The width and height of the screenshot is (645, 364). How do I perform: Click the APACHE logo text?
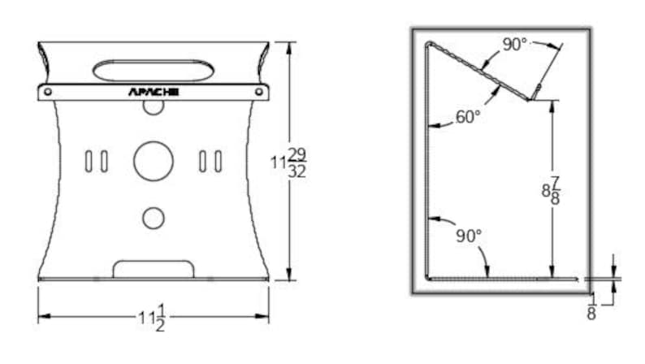click(154, 92)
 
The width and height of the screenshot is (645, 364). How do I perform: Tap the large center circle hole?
click(154, 161)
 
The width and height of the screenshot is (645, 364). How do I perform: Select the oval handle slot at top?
click(154, 71)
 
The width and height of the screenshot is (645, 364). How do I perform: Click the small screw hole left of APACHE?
click(48, 92)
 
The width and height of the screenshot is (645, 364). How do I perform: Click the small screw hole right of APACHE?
click(259, 92)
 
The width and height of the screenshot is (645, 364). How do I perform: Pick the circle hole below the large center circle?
click(154, 218)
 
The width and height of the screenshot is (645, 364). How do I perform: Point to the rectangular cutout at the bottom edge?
click(154, 270)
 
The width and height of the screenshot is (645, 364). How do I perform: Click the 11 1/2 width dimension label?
click(152, 318)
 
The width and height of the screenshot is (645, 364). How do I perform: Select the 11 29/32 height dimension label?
click(288, 162)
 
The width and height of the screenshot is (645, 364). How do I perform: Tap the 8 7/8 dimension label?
click(551, 191)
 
